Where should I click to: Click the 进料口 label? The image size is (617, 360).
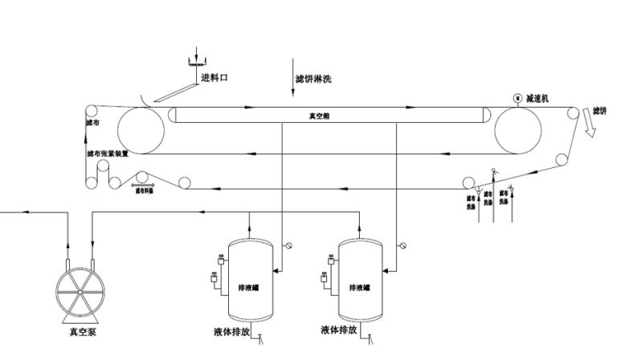point(215,79)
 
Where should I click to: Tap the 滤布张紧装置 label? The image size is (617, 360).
point(108,153)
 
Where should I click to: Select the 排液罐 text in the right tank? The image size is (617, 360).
point(359,287)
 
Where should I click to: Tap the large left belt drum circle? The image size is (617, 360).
point(141,129)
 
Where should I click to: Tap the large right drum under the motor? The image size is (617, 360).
point(517,129)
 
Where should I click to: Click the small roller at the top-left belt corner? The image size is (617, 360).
point(91,111)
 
